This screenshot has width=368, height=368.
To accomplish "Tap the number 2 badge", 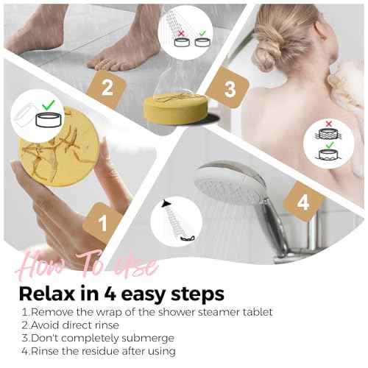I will coord(107,89).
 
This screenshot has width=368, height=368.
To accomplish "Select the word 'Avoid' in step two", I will coord(44,325).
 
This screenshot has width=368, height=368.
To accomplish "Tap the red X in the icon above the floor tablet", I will coord(180,32).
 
